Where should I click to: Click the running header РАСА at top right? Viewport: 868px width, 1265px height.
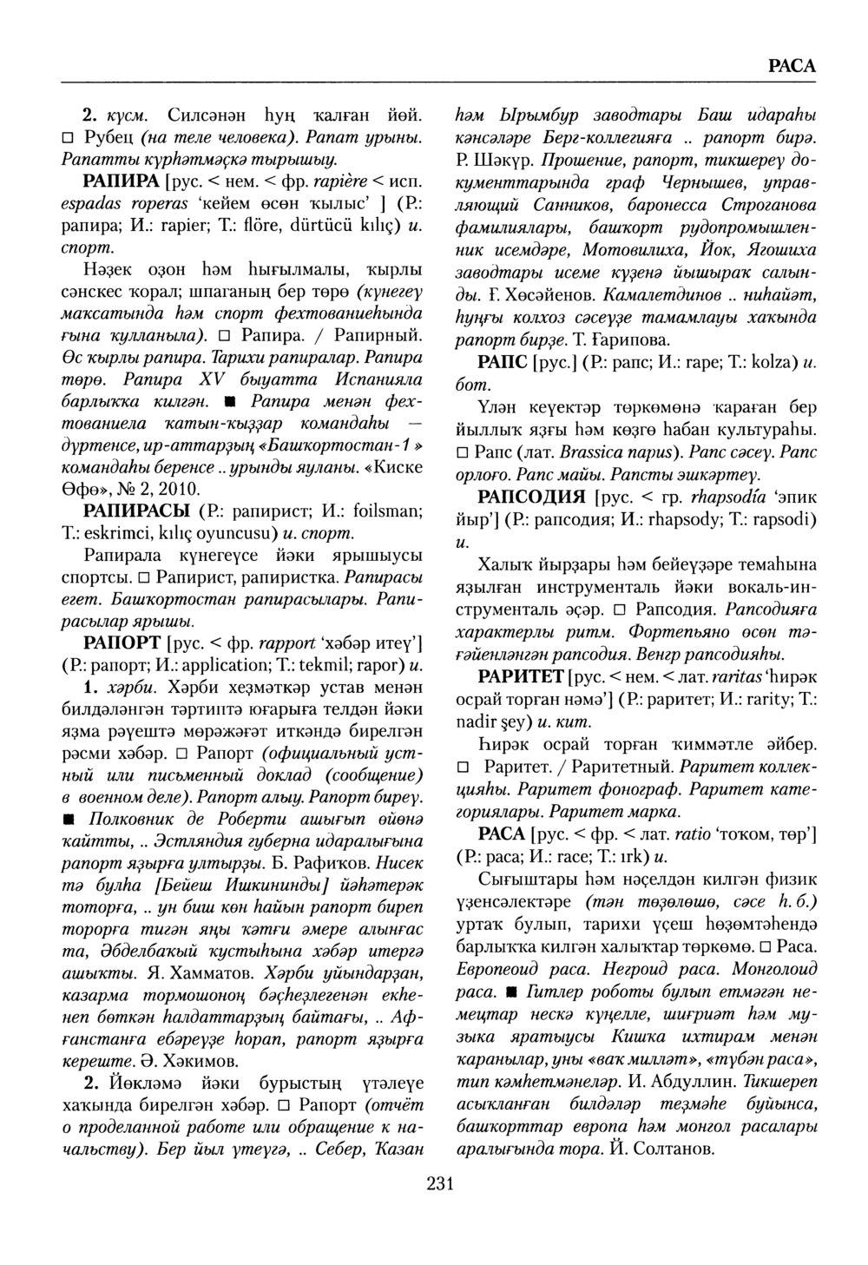[x=792, y=66]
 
